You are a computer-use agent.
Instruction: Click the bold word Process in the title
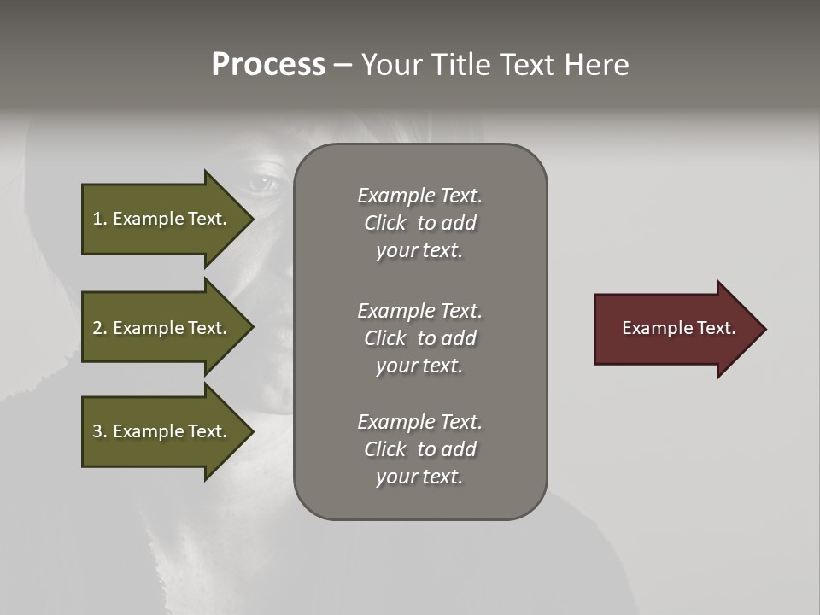coord(268,65)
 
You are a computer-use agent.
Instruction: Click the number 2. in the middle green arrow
coord(100,328)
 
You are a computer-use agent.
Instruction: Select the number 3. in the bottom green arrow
coord(100,431)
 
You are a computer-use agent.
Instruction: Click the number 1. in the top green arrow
coord(99,219)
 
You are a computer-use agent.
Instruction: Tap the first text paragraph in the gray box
coord(419,223)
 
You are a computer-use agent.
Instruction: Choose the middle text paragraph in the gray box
coord(419,338)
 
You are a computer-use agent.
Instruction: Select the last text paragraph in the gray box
coord(419,449)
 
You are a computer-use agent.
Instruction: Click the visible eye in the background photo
coord(262,181)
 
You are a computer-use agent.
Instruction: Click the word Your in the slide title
coord(389,65)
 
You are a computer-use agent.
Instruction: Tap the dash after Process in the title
coord(343,66)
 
